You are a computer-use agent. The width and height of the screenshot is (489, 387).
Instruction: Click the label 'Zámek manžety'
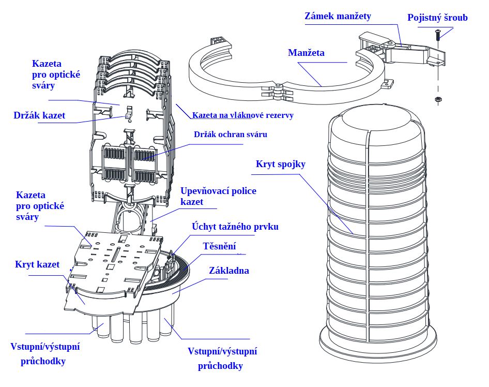pos(337,17)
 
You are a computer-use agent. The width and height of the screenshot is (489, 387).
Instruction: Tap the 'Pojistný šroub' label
pos(437,18)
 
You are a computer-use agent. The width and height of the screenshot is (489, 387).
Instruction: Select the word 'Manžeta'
pos(306,53)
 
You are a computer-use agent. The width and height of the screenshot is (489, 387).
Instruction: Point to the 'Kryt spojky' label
pos(280,164)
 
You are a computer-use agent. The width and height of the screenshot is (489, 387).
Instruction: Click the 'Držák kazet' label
pos(39,115)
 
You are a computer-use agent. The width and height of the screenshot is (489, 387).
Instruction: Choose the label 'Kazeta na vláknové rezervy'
pos(242,115)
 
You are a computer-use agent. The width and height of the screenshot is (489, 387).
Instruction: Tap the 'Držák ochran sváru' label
pos(231,135)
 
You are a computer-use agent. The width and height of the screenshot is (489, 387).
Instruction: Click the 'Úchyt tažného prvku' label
pos(235,226)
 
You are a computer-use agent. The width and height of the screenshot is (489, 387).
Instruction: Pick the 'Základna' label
pos(229,271)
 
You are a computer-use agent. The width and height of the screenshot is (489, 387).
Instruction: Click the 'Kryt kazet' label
pos(37,264)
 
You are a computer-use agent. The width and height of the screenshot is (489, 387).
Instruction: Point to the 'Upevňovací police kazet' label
pos(218,196)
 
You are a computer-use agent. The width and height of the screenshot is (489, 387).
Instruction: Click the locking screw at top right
pos(437,35)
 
